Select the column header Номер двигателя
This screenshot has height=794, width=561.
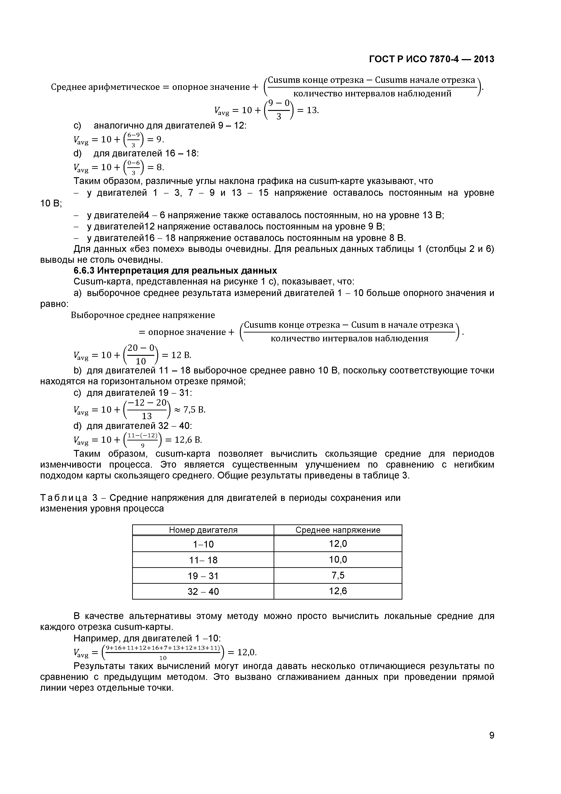click(x=203, y=530)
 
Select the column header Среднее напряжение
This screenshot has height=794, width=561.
click(x=337, y=530)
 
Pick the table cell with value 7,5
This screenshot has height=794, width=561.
click(x=338, y=575)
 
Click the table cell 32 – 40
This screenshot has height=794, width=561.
click(x=203, y=591)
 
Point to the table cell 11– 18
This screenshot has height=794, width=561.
click(x=203, y=560)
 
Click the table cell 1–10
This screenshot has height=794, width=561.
click(x=203, y=544)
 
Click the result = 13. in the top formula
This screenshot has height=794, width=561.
click(x=308, y=110)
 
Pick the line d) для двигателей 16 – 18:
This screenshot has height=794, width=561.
click(x=136, y=153)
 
